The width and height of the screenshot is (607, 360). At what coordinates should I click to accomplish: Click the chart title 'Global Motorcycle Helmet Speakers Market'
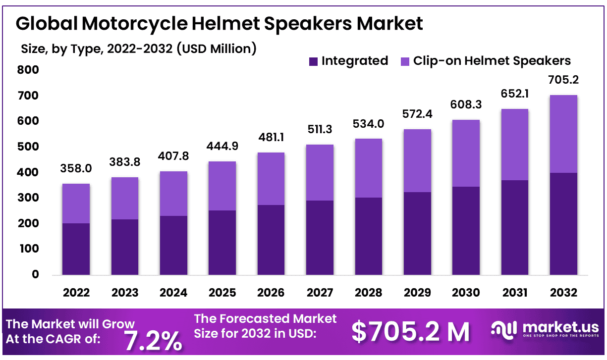(220, 24)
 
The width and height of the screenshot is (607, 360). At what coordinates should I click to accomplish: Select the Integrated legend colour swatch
(313, 61)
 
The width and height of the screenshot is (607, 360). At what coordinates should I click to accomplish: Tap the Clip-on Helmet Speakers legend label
(492, 61)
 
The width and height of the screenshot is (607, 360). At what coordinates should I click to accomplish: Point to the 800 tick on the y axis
(29, 70)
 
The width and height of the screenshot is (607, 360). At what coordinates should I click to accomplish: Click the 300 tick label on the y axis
(29, 198)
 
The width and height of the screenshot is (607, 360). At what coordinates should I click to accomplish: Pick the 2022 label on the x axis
(76, 293)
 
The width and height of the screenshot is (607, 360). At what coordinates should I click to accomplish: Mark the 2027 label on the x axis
(320, 293)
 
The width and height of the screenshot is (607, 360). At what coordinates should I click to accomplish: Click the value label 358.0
(76, 168)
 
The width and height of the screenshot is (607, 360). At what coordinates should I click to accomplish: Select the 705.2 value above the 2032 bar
(563, 80)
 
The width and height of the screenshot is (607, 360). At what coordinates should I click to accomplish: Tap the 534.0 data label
(368, 123)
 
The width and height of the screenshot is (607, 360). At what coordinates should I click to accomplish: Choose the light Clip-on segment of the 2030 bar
(466, 153)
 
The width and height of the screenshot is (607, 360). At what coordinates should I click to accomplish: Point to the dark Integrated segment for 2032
(563, 223)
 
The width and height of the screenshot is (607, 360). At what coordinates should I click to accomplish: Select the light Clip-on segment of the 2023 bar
(125, 198)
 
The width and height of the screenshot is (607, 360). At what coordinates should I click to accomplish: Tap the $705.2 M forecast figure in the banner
(410, 332)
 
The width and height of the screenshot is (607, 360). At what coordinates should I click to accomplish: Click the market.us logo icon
(504, 329)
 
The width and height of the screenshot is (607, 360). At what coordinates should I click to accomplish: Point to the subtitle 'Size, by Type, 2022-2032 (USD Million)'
(139, 49)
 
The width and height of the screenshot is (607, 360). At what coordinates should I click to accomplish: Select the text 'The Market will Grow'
(70, 324)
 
